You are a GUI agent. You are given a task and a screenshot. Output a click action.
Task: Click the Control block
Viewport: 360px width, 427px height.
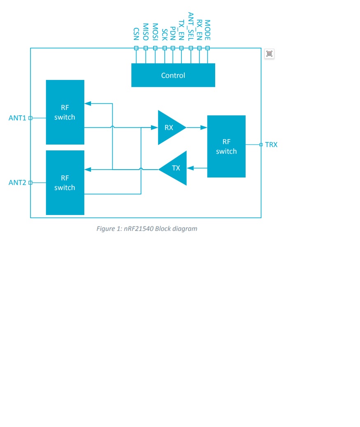pyautogui.click(x=173, y=75)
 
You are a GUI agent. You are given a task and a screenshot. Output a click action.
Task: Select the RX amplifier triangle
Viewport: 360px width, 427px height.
pyautogui.click(x=170, y=128)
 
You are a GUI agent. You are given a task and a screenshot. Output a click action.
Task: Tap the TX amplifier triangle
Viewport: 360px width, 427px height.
pyautogui.click(x=175, y=168)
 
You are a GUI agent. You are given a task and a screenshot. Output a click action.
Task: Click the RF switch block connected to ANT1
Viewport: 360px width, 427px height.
pyautogui.click(x=65, y=112)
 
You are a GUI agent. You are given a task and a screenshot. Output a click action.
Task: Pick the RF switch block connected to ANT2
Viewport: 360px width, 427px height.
pyautogui.click(x=65, y=183)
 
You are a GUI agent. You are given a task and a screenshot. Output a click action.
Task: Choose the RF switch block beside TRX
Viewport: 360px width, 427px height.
pyautogui.click(x=226, y=147)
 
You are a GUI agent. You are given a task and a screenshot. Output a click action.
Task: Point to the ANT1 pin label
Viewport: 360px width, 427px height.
pyautogui.click(x=17, y=118)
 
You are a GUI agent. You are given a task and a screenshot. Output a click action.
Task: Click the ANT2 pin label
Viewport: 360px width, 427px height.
pyautogui.click(x=17, y=182)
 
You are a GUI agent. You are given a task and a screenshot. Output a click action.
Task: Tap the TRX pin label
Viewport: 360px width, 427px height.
pyautogui.click(x=271, y=145)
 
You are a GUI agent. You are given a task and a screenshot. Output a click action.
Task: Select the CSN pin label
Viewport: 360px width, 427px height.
pyautogui.click(x=137, y=34)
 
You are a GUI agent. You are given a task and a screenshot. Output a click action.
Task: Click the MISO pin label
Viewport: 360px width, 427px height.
pyautogui.click(x=146, y=32)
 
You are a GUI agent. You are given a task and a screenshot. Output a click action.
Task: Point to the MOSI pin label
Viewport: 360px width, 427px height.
pyautogui.click(x=155, y=32)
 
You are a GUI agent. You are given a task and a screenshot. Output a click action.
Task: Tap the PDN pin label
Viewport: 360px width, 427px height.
pyautogui.click(x=173, y=33)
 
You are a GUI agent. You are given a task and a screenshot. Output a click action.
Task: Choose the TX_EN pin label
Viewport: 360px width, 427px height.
pyautogui.click(x=181, y=30)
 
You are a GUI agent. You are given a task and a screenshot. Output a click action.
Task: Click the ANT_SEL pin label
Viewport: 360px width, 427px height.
pyautogui.click(x=190, y=26)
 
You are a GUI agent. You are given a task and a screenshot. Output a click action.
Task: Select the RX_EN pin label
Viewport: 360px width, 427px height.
pyautogui.click(x=200, y=30)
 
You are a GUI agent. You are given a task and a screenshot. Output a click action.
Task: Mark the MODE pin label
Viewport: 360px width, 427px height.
pyautogui.click(x=207, y=30)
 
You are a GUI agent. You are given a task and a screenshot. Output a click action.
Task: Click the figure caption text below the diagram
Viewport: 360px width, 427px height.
pyautogui.click(x=147, y=229)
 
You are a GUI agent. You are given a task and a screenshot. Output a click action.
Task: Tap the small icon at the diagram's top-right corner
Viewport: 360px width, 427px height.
pyautogui.click(x=269, y=54)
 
